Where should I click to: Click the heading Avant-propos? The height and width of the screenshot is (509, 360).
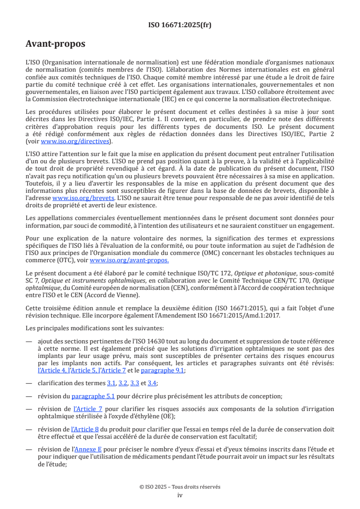tap(55, 44)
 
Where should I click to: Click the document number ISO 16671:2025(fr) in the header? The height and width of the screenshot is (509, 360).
tap(180, 25)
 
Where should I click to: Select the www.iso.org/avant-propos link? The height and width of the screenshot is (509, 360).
tap(129, 260)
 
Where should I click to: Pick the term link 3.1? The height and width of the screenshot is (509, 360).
tap(111, 383)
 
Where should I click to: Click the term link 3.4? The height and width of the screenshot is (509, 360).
tap(152, 383)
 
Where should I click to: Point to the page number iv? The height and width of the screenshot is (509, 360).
tap(180, 495)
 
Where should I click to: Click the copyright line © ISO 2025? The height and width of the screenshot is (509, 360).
tap(180, 487)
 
